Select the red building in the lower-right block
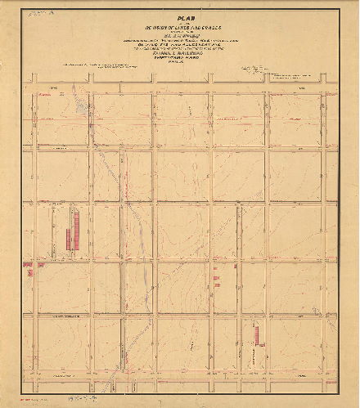click(255, 334)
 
